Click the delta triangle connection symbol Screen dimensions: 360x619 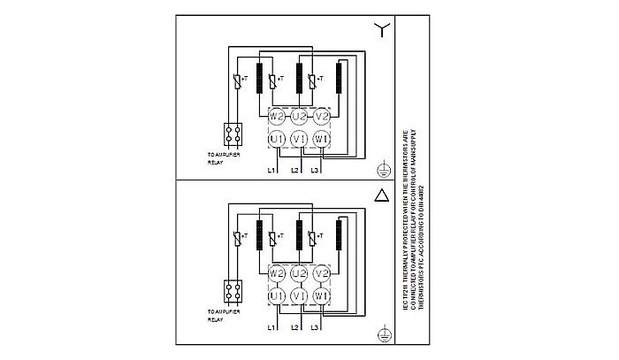381,196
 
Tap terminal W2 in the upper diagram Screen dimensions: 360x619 276,116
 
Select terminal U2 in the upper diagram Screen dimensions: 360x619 299,116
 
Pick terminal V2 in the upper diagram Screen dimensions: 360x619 322,116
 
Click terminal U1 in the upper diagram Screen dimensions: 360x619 276,139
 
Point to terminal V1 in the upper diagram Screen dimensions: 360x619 299,139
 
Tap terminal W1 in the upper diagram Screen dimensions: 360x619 322,139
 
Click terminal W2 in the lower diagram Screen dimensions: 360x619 276,273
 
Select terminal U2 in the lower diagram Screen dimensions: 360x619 299,273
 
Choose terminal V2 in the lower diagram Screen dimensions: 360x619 322,273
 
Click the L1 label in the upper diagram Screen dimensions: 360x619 273,169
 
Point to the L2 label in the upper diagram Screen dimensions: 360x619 294,169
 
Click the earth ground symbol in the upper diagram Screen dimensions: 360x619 381,166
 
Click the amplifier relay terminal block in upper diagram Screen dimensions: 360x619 234,134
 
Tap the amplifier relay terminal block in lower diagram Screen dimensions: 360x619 234,292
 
